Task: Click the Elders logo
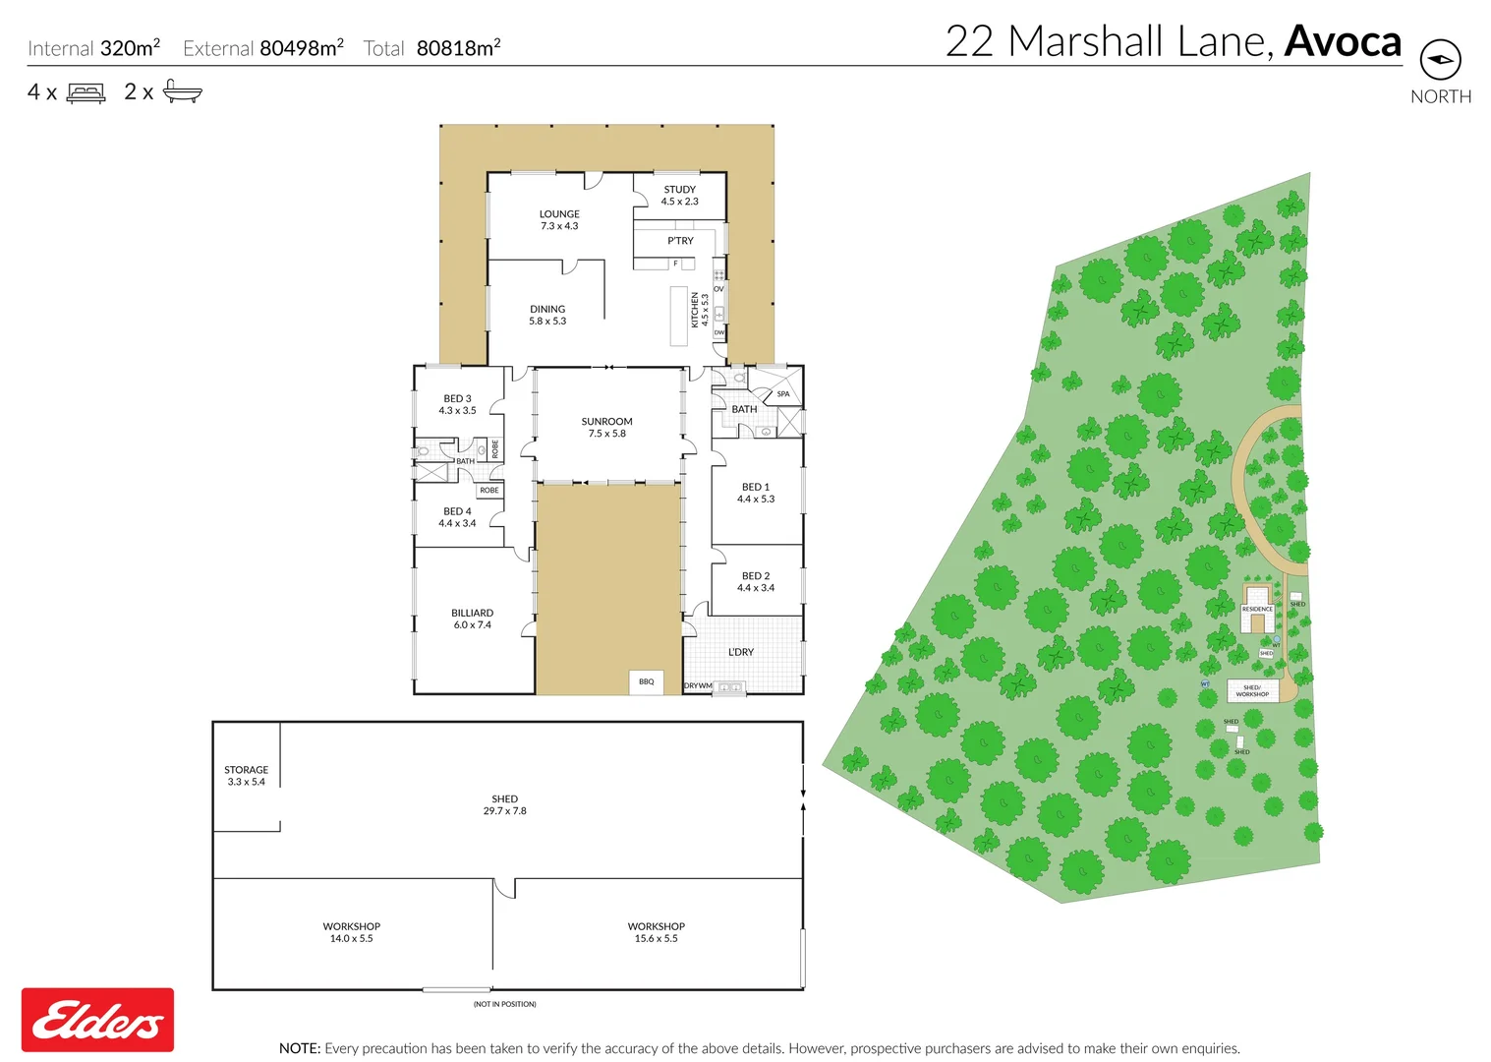(97, 1020)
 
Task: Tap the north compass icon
(1440, 60)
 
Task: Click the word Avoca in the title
(1343, 42)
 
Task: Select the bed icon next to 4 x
(86, 93)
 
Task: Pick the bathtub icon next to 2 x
(182, 91)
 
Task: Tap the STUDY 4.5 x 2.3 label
(679, 195)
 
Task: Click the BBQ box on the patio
(646, 681)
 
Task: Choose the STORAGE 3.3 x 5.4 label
(246, 776)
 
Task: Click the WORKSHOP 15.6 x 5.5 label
(656, 932)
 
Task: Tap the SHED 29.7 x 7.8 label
(504, 804)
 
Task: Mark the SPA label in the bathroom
(783, 393)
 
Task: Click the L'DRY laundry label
(741, 652)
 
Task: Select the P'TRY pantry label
(680, 240)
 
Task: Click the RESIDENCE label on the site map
(1257, 609)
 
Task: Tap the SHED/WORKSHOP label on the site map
(1252, 690)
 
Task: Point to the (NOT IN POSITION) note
(504, 1004)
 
